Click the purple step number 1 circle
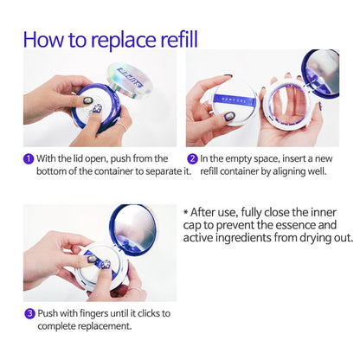29,159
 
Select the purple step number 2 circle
192,159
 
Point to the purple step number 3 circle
29,313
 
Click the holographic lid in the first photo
130,80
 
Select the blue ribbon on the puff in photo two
235,100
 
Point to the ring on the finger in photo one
122,126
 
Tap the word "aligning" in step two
290,172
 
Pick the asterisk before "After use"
185,212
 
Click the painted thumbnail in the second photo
229,117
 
